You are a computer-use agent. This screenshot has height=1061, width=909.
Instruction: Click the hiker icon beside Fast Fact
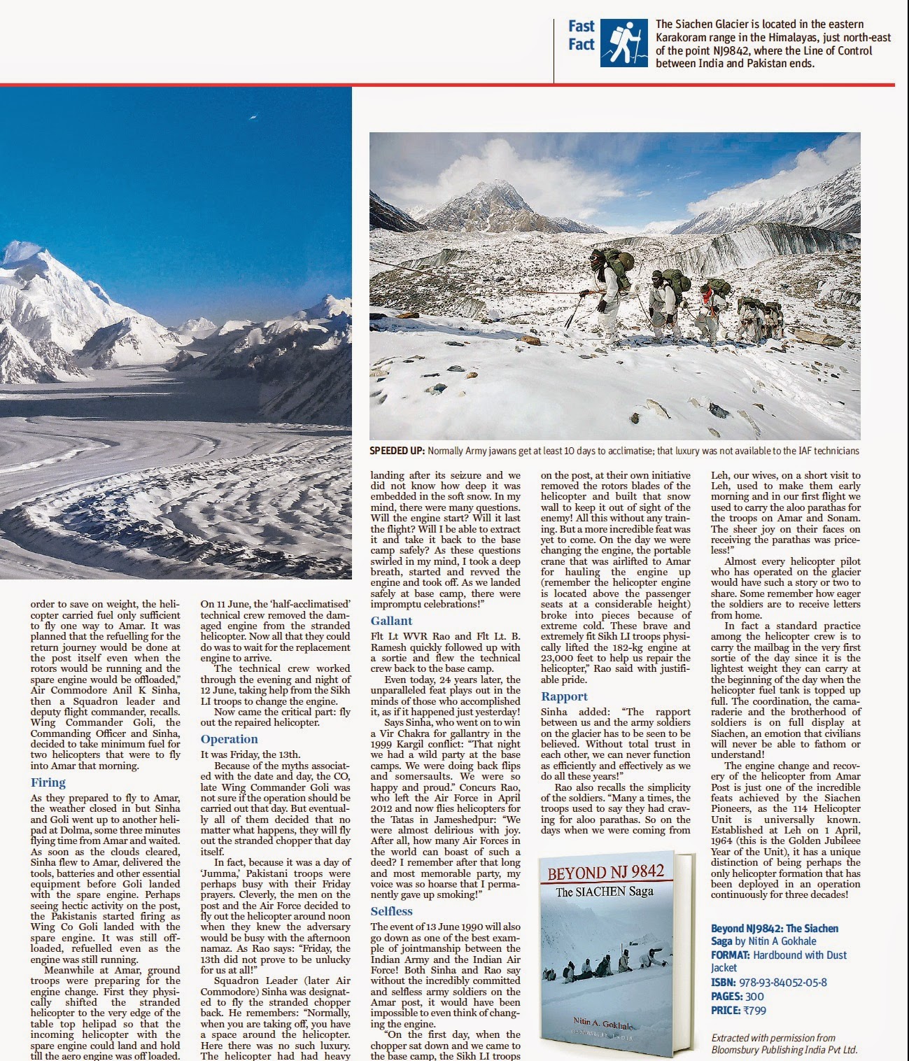pos(623,43)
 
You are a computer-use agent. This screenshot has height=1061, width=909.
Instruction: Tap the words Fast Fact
pos(581,36)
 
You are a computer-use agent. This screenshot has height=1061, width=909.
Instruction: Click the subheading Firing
pos(48,782)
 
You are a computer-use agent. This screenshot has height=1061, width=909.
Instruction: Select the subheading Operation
pos(229,739)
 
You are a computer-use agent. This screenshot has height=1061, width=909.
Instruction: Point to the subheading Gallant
pos(391,621)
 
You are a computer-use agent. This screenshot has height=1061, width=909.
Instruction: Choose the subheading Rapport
pos(564,696)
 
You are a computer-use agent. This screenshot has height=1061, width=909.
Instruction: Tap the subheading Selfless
pos(391,911)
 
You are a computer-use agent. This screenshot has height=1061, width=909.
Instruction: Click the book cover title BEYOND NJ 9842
pos(605,873)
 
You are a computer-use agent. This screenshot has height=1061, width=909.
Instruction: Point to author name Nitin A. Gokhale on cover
pos(607,1023)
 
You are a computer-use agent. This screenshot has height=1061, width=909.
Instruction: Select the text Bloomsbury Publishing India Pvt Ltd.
pos(784,1050)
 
